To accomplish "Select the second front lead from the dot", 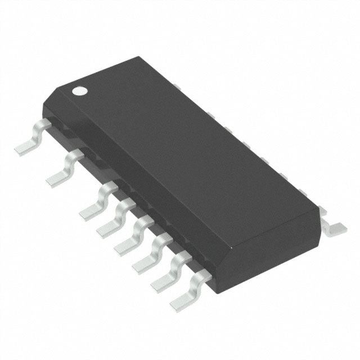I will pyautogui.click(x=63, y=169).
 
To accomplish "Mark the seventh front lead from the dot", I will pyautogui.click(x=166, y=271).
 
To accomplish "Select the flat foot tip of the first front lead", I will pyautogui.click(x=22, y=149).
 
